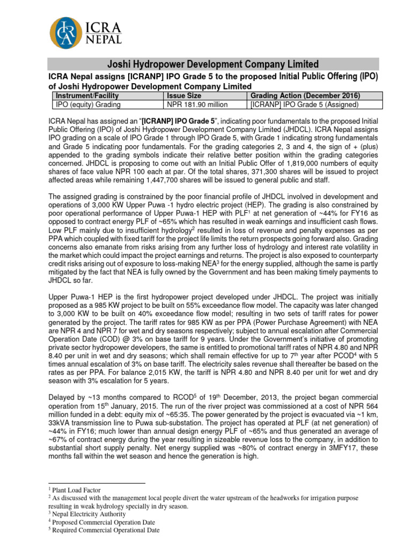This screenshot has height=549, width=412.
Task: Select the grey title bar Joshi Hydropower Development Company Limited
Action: tap(214, 64)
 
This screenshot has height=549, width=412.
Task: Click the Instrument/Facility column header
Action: tap(83, 95)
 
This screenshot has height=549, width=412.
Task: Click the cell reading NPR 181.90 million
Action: tap(197, 105)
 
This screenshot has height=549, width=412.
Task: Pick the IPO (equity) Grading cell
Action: tap(87, 105)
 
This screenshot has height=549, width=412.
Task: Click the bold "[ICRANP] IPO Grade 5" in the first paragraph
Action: tap(180, 121)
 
